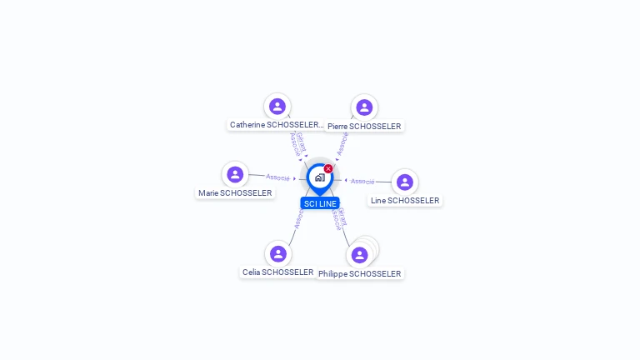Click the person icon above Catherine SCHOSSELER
click(x=277, y=107)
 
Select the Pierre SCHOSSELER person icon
click(x=364, y=107)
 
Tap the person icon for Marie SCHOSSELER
click(x=235, y=174)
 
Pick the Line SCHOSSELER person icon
click(x=404, y=182)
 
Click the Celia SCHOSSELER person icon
click(x=277, y=253)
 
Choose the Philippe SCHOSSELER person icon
click(x=360, y=255)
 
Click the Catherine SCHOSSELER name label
click(x=276, y=125)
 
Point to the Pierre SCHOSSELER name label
click(x=364, y=127)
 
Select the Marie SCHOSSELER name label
click(x=235, y=193)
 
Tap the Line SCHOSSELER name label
click(x=405, y=201)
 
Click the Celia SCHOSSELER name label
click(x=277, y=272)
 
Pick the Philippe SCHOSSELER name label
click(x=360, y=274)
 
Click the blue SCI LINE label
click(x=320, y=203)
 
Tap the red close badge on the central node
click(x=328, y=169)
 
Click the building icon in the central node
click(x=319, y=177)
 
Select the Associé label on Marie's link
click(x=277, y=177)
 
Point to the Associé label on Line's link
click(x=362, y=181)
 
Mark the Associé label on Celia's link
click(x=297, y=218)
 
